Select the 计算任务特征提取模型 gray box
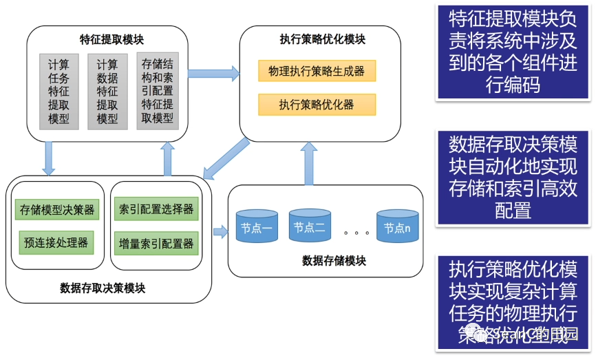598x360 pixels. (59, 91)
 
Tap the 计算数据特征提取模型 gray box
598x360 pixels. (108, 91)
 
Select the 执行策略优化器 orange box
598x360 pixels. (317, 105)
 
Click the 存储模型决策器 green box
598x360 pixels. (57, 209)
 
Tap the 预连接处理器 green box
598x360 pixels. (56, 242)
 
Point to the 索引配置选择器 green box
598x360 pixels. (156, 209)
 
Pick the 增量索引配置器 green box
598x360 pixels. (156, 242)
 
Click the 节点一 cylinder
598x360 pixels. (256, 226)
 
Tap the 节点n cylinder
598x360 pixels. (397, 226)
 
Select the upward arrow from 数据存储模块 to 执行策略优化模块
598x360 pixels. (309, 163)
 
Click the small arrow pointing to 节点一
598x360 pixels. (220, 231)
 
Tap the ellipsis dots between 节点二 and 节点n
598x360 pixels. (353, 233)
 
